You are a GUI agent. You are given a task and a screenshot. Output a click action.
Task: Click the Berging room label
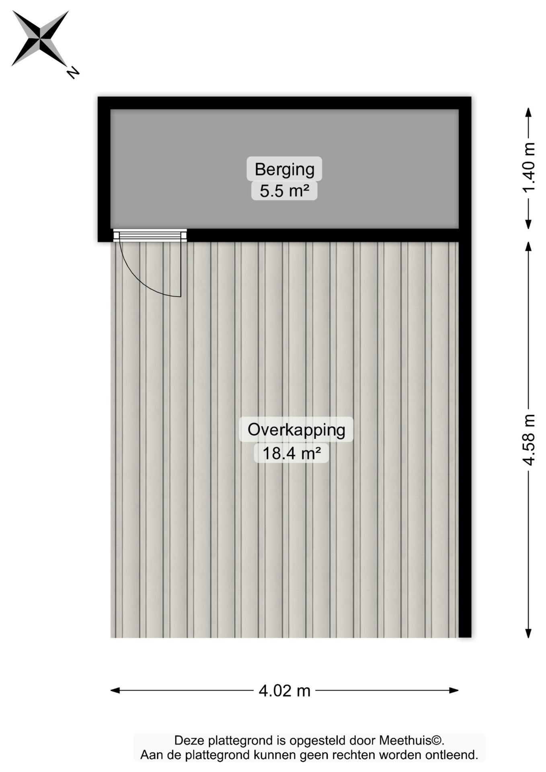(284, 169)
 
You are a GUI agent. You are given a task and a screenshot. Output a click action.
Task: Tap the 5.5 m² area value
(284, 191)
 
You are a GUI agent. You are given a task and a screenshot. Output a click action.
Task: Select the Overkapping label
(296, 430)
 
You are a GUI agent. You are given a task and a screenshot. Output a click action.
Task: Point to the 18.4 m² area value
(291, 453)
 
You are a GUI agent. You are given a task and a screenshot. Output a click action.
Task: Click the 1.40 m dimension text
(529, 168)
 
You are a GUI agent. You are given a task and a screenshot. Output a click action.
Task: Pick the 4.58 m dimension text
(529, 440)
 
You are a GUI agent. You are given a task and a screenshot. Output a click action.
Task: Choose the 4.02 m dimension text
(285, 691)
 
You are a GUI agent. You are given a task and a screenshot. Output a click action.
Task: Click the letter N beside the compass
(73, 72)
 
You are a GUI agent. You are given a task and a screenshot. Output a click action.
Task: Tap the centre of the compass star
(40, 39)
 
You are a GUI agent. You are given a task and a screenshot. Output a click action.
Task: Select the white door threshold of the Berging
(150, 235)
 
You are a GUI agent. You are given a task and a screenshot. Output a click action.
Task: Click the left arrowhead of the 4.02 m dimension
(115, 690)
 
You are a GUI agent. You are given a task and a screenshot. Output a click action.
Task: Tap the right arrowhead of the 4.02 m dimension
(454, 690)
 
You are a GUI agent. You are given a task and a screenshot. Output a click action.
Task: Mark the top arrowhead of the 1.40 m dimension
(529, 112)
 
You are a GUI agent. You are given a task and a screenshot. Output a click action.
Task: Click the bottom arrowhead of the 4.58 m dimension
(529, 633)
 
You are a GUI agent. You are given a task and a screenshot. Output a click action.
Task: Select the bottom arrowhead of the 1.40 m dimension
(529, 224)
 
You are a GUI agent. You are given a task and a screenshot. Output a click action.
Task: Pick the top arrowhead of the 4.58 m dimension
(529, 246)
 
